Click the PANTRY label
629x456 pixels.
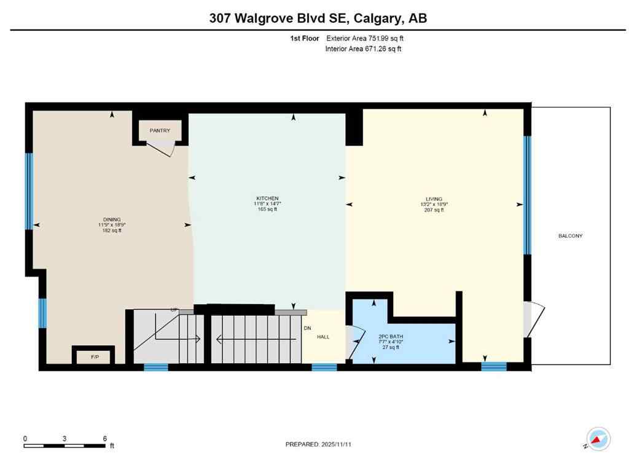(155, 130)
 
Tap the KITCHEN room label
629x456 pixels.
(267, 198)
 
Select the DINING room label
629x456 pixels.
(112, 219)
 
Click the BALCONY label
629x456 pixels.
(570, 236)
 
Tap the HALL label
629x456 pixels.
(323, 337)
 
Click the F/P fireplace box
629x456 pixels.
(95, 356)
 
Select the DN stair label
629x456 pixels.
(307, 328)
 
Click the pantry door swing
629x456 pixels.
(164, 147)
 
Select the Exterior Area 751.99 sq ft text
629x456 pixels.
(364, 38)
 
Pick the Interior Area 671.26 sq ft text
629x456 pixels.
(363, 49)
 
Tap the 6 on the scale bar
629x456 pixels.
(104, 439)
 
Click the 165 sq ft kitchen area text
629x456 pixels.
(267, 210)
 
